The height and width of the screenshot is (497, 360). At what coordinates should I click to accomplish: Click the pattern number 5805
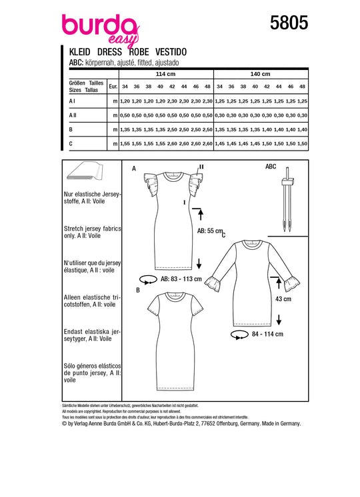pos(289,23)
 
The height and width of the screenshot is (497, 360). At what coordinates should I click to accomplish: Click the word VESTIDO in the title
pos(171,52)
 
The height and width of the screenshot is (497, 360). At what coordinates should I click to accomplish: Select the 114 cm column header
pos(165,74)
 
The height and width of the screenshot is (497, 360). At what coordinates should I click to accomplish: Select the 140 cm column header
pos(261,74)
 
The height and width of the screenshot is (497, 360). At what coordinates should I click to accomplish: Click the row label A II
pos(73,115)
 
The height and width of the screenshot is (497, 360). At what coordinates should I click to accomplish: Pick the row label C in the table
pos(71,144)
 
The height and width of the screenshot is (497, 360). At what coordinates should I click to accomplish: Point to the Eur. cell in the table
pos(113,86)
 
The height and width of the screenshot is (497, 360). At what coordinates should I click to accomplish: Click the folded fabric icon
pos(85,171)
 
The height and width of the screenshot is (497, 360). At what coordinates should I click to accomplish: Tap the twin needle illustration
pos(287,199)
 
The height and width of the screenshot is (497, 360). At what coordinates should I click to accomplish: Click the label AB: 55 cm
pos(210,231)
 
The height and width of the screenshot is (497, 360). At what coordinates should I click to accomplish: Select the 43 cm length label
pos(283,299)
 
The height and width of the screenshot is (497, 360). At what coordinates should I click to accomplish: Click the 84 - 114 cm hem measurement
pos(267,334)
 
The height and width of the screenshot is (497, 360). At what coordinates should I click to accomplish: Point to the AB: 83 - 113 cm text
pos(181,279)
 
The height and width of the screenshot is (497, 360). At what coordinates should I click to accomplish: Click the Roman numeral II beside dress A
pos(201,167)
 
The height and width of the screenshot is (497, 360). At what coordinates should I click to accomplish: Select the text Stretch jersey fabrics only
pos(92,232)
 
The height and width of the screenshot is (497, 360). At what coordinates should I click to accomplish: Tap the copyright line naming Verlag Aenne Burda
pos(181,424)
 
